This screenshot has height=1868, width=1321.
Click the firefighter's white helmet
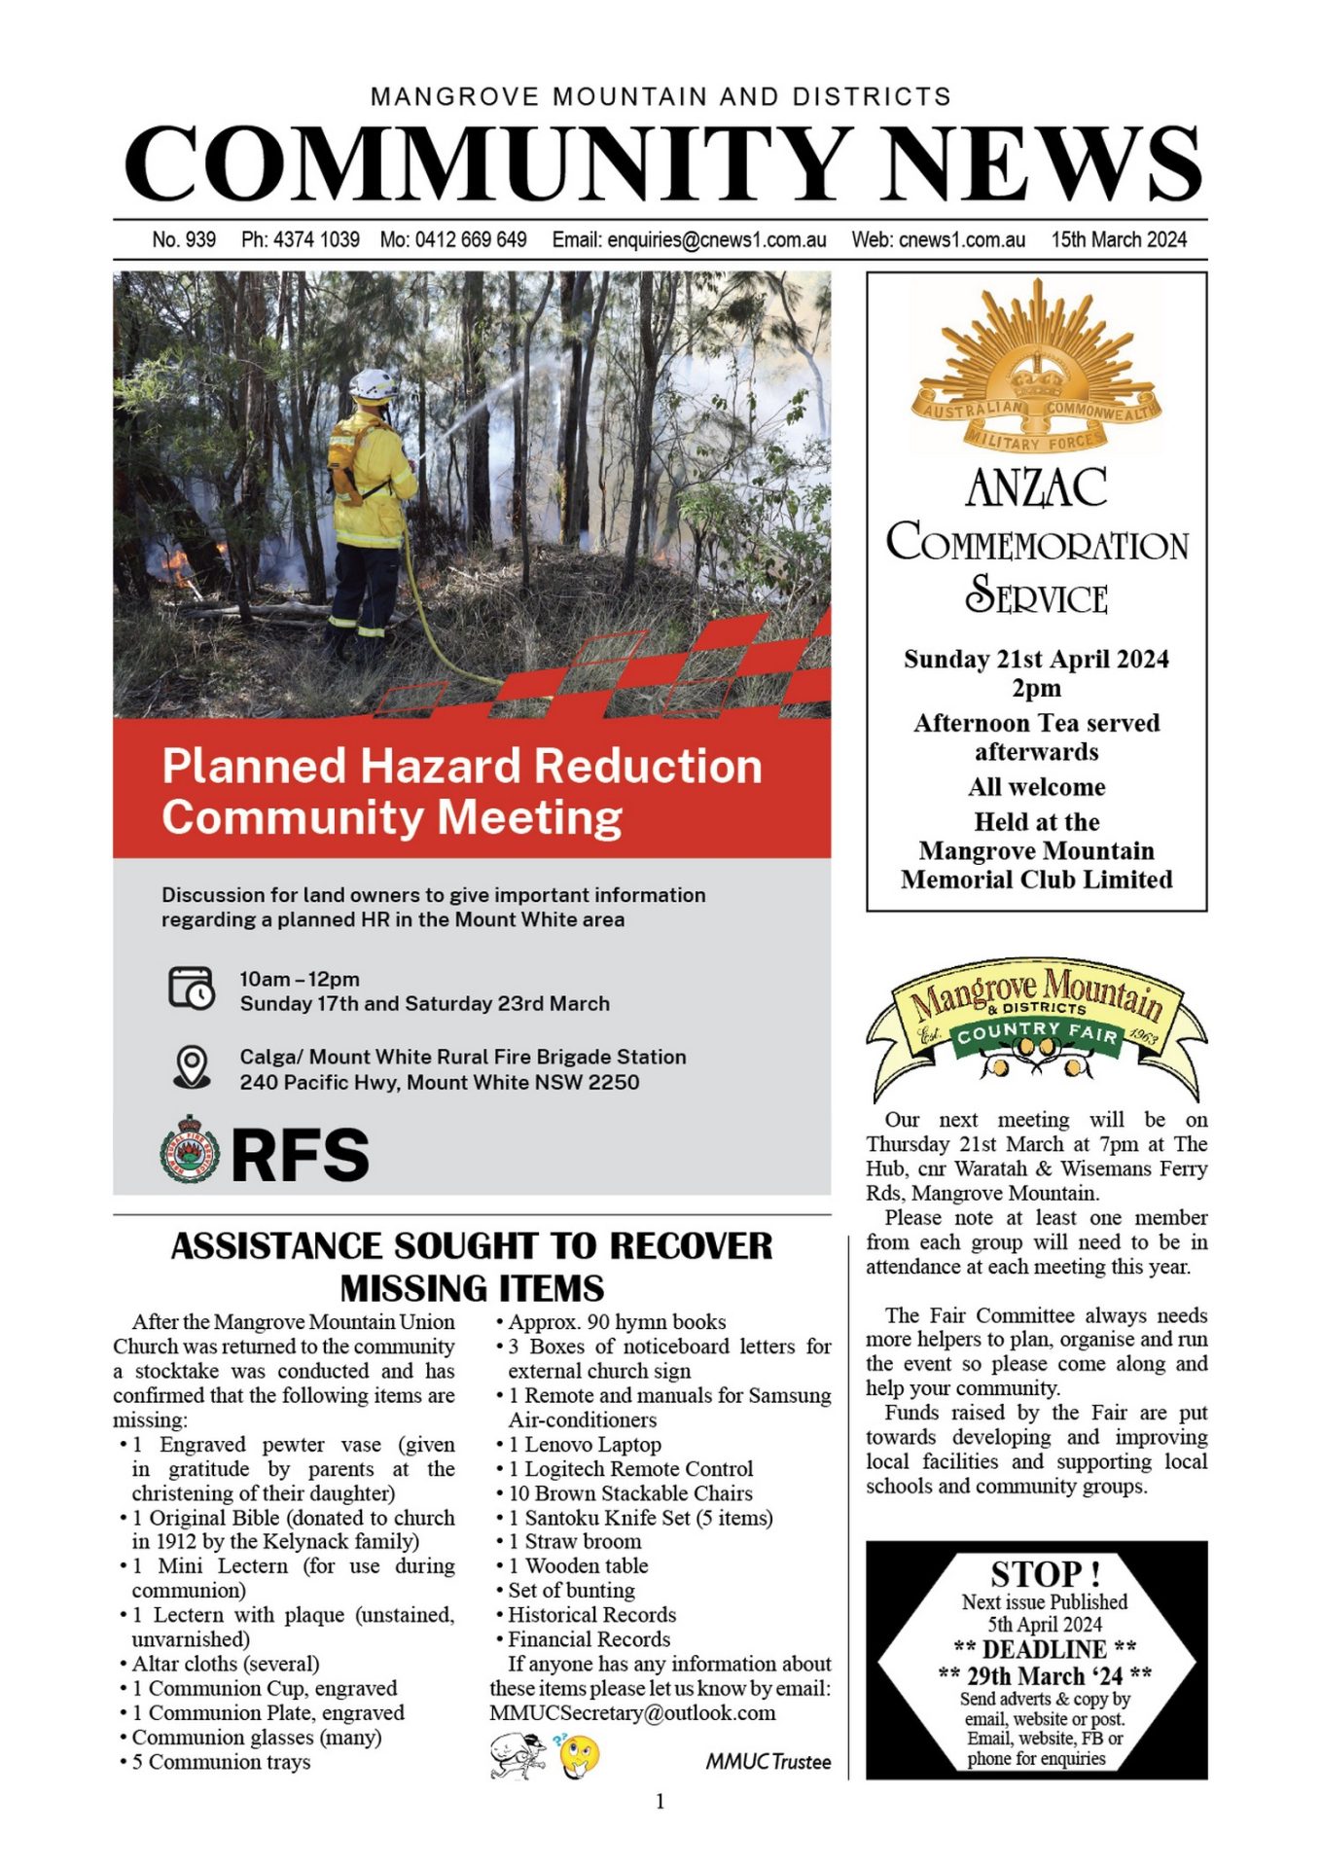373,384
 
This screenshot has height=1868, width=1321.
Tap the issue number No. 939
184,239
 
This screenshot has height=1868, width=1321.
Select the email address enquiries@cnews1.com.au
717,239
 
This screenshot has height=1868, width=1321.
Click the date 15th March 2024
1119,239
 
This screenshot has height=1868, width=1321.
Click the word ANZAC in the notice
1036,487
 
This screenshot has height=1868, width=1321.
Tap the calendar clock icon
191,988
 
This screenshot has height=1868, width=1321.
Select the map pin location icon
192,1066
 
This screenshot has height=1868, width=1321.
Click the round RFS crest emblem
190,1150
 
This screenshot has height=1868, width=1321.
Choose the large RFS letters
301,1155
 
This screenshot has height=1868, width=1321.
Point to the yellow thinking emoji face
580,1755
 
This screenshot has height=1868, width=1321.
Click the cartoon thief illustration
517,1755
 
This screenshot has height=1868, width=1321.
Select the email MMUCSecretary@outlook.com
632,1712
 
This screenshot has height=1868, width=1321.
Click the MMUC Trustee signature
768,1761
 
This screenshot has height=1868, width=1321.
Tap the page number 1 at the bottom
660,1802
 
